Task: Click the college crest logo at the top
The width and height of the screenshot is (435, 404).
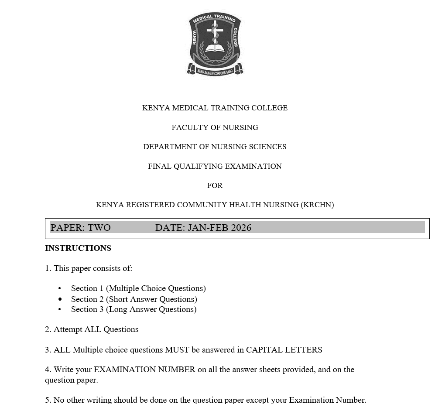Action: click(x=215, y=44)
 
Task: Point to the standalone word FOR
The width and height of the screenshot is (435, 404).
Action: click(x=215, y=185)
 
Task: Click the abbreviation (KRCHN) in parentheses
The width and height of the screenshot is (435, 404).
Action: click(x=317, y=205)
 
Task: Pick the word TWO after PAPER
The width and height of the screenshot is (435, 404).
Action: click(x=99, y=227)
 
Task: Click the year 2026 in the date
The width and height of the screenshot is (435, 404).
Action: click(x=241, y=227)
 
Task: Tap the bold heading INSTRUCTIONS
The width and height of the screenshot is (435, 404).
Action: click(x=78, y=248)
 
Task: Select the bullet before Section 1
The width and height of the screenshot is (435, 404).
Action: click(x=60, y=288)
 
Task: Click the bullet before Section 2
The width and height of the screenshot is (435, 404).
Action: click(x=60, y=299)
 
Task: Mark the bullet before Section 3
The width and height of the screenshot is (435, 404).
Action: click(x=60, y=309)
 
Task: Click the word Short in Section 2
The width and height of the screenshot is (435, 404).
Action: click(x=120, y=299)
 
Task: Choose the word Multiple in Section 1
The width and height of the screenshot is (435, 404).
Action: click(x=124, y=288)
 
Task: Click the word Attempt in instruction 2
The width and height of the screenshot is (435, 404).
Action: click(x=68, y=329)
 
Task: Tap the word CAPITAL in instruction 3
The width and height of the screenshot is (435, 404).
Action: click(x=264, y=349)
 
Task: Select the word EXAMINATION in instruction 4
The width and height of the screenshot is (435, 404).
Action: click(x=123, y=370)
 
